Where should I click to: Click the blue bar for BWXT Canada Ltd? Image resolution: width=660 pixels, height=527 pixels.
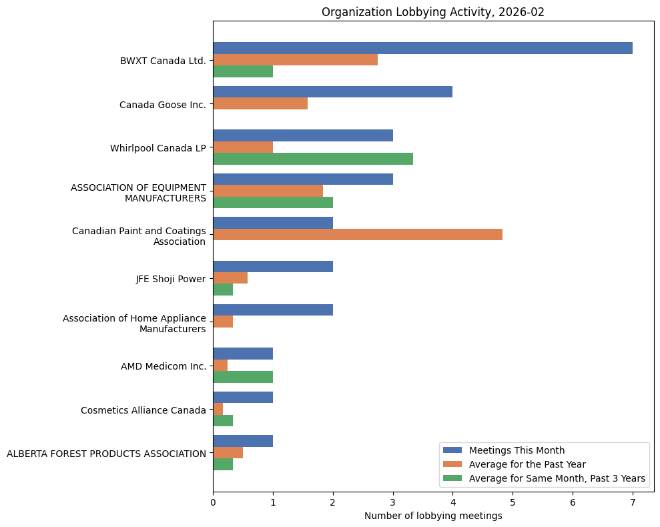pyautogui.click(x=422, y=48)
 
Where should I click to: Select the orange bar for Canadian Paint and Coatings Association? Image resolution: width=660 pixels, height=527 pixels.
pyautogui.click(x=357, y=234)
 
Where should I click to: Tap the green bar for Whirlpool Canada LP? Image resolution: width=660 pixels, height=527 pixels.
pyautogui.click(x=312, y=159)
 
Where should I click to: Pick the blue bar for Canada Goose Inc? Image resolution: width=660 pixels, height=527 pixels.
pyautogui.click(x=332, y=91)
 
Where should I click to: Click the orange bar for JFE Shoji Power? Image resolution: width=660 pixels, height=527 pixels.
pyautogui.click(x=230, y=278)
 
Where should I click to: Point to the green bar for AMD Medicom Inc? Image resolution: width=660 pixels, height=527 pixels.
pyautogui.click(x=243, y=377)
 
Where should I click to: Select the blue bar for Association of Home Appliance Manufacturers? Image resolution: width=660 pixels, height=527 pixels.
pyautogui.click(x=272, y=310)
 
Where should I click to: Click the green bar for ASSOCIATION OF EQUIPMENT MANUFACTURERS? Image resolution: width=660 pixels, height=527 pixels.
pyautogui.click(x=272, y=202)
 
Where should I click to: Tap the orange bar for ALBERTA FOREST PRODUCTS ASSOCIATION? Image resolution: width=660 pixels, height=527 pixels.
pyautogui.click(x=228, y=452)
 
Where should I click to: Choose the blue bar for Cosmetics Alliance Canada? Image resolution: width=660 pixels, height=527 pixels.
pyautogui.click(x=243, y=397)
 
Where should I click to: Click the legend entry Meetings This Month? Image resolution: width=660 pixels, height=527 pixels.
pyautogui.click(x=517, y=450)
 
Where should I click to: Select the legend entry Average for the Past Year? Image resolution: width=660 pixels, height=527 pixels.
pyautogui.click(x=527, y=464)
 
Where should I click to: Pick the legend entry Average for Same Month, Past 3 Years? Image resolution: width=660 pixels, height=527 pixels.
pyautogui.click(x=557, y=478)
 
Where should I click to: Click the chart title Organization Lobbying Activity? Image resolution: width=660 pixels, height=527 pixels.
pyautogui.click(x=433, y=12)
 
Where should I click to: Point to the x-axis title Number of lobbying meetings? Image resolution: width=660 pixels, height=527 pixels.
pyautogui.click(x=433, y=516)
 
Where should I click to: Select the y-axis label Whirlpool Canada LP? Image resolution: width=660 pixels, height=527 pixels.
pyautogui.click(x=157, y=148)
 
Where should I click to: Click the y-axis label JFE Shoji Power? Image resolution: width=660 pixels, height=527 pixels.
pyautogui.click(x=170, y=279)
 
